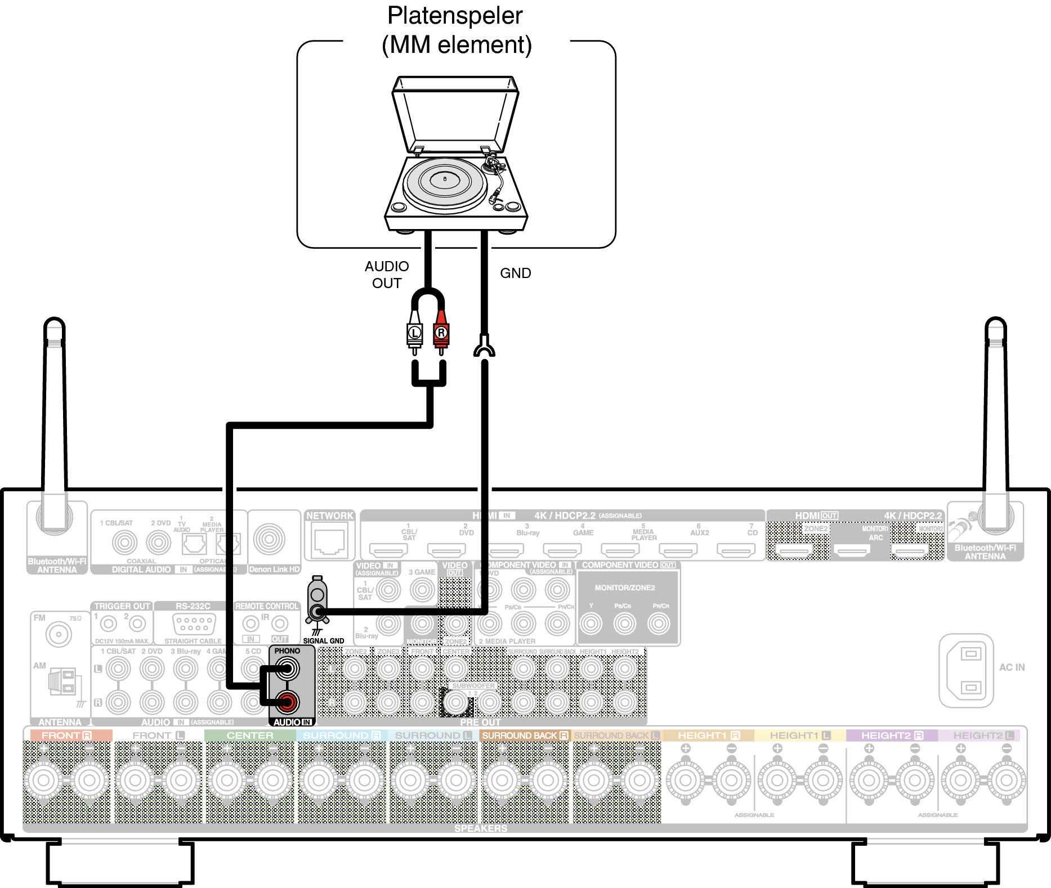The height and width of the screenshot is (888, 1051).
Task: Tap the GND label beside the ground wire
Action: click(x=515, y=273)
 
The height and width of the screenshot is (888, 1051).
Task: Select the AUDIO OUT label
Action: click(x=387, y=275)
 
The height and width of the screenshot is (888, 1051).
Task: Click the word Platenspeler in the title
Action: click(x=455, y=16)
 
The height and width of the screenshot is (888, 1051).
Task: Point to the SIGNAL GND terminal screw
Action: click(x=318, y=612)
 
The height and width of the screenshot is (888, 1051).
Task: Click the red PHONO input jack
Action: click(x=287, y=702)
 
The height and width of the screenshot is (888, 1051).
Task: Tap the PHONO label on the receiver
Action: click(x=287, y=651)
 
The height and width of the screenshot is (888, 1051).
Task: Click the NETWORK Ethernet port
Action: click(x=329, y=541)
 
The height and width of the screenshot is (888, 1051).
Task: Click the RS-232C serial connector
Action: click(x=194, y=624)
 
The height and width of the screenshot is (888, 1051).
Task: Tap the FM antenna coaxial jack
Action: click(x=58, y=635)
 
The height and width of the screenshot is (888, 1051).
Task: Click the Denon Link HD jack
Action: click(x=269, y=539)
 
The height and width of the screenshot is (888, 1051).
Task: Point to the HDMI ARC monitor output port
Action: click(x=852, y=550)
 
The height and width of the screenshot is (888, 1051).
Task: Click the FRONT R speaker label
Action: click(x=67, y=735)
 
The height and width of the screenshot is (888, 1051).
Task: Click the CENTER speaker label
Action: click(x=250, y=735)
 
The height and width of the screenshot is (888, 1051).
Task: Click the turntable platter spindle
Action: click(x=445, y=179)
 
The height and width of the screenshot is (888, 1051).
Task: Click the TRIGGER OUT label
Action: click(x=122, y=606)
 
